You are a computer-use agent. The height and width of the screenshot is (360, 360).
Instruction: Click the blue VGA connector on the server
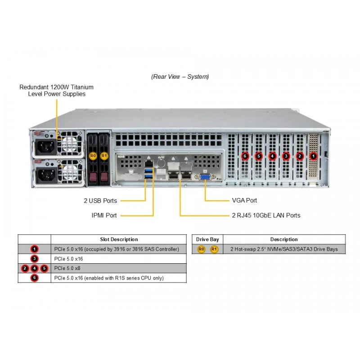(205, 177)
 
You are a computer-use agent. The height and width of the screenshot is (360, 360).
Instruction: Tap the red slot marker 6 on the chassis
(245, 156)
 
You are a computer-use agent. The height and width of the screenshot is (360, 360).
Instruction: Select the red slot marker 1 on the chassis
(313, 156)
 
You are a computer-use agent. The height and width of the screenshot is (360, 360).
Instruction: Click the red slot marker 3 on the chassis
(286, 156)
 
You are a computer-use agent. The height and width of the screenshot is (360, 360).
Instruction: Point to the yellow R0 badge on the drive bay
(93, 156)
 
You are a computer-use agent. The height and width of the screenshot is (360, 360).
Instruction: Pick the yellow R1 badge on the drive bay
(104, 156)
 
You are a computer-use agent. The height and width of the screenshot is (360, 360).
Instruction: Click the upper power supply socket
(46, 148)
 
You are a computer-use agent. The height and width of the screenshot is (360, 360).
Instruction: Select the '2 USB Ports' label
(100, 201)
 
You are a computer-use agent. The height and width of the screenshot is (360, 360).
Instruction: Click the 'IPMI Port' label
(104, 216)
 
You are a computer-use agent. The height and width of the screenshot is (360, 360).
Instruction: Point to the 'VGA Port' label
(244, 200)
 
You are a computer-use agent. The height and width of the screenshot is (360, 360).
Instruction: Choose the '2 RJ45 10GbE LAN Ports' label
(266, 216)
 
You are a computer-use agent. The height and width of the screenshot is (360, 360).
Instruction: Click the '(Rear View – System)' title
(180, 76)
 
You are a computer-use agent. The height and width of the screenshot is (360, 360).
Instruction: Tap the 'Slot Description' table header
(119, 239)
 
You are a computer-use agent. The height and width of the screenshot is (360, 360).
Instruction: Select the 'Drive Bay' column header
(207, 239)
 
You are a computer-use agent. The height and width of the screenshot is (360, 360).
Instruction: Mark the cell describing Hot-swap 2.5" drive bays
(284, 249)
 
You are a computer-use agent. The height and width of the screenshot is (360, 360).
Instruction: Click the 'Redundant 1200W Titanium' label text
(57, 87)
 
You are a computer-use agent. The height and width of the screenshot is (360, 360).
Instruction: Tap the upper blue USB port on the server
(149, 171)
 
